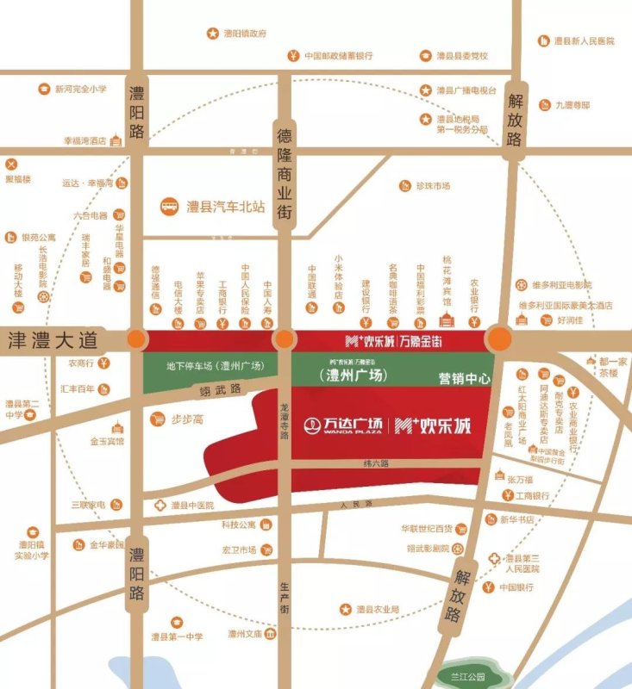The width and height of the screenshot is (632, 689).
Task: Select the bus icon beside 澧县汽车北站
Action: pyautogui.click(x=169, y=207)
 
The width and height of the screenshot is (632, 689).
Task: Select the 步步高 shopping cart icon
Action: pyautogui.click(x=158, y=419)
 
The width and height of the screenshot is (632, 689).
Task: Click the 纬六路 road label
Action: pyautogui.click(x=376, y=464)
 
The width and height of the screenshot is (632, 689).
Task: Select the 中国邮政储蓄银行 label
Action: pyautogui.click(x=339, y=56)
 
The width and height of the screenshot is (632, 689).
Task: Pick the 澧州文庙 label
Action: pyautogui.click(x=244, y=634)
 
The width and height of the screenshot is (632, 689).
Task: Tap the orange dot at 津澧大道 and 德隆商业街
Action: pyautogui.click(x=284, y=339)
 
